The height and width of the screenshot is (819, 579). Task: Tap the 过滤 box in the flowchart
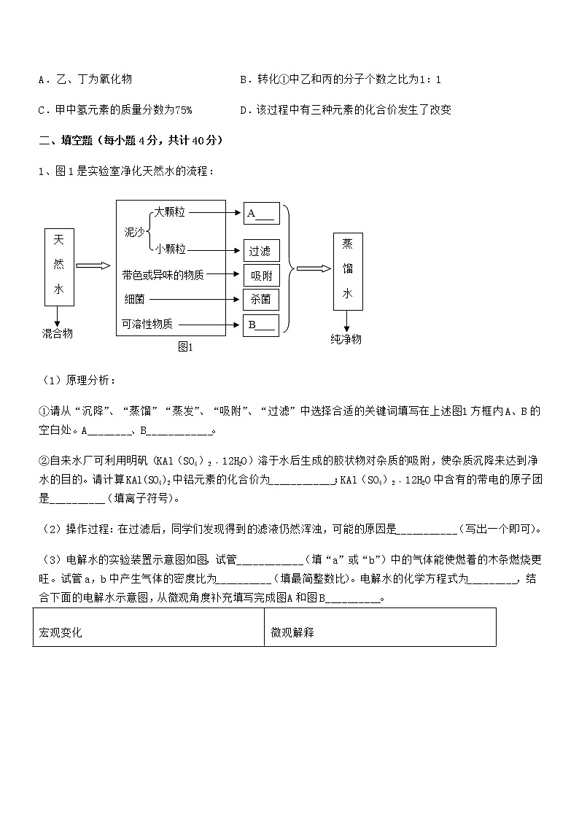(260, 251)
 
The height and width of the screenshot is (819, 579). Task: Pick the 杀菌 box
(260, 299)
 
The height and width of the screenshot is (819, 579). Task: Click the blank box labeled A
(260, 213)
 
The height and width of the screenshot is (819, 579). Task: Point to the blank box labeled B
(260, 325)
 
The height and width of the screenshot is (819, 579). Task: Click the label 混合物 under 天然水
(57, 333)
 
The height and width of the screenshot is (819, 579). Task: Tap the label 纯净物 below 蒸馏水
(346, 339)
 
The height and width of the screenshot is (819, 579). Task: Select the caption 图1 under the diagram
(185, 347)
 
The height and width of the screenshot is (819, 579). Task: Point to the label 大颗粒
(169, 212)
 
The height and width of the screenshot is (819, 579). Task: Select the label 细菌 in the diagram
(135, 299)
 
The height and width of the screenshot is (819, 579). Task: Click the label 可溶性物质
(147, 325)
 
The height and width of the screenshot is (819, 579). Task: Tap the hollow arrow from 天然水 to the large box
(93, 265)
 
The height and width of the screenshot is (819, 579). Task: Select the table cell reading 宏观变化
(61, 633)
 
